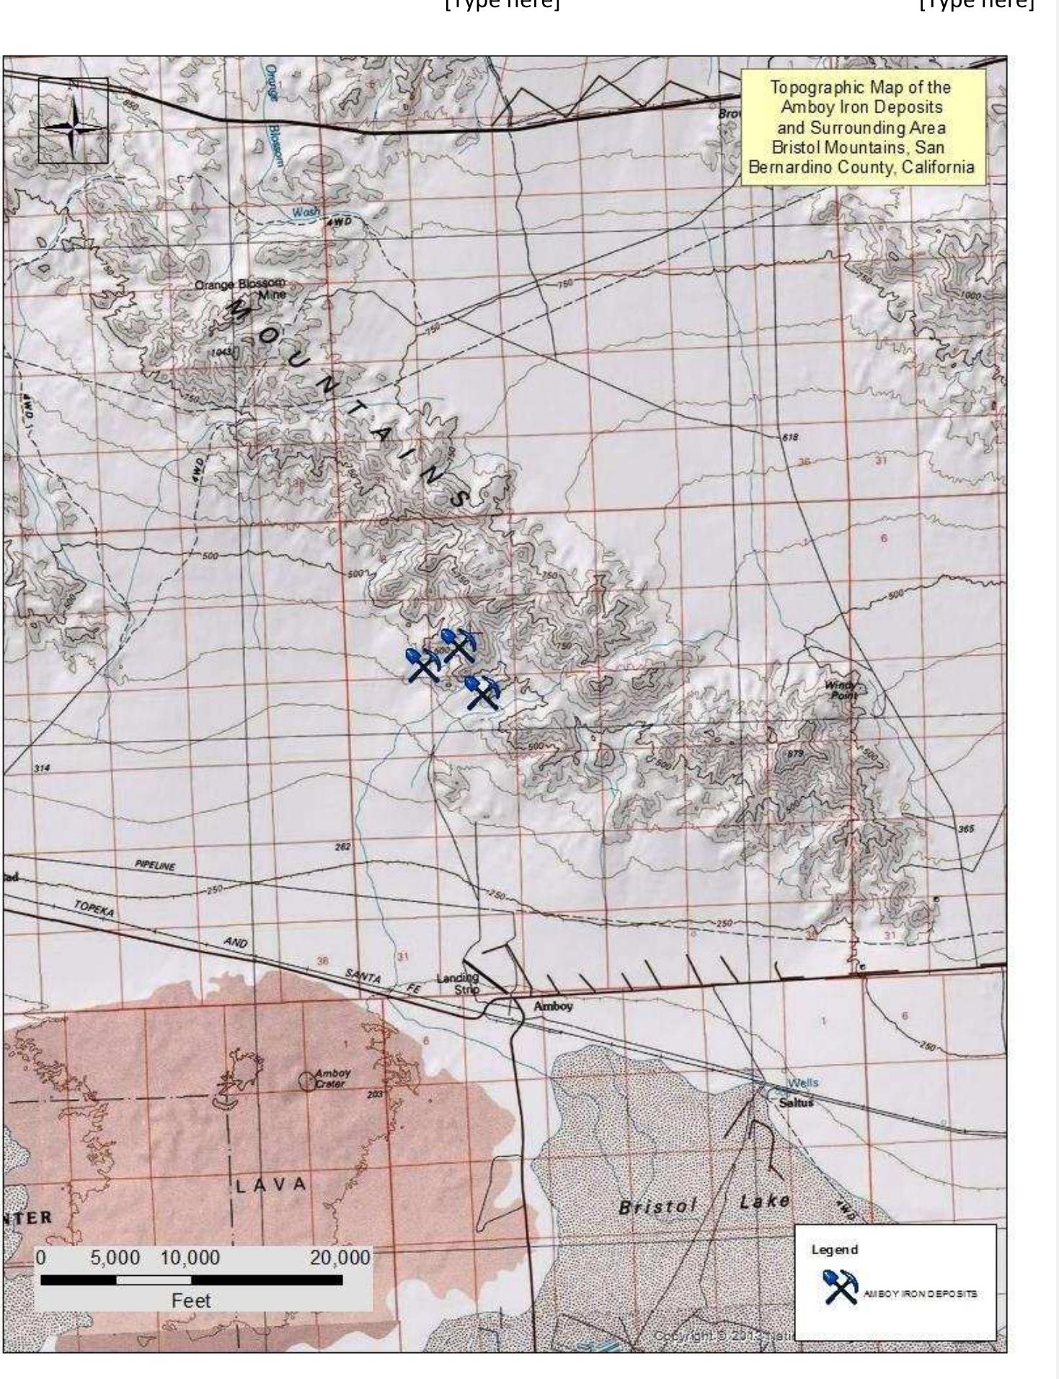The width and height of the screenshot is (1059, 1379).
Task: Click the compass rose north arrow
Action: point(73,120)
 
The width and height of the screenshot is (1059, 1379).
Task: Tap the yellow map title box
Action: point(862,128)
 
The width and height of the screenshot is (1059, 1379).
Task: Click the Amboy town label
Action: point(553,1005)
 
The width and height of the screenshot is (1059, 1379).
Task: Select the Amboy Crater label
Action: point(332,1078)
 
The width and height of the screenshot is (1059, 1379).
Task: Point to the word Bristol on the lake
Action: point(657,1206)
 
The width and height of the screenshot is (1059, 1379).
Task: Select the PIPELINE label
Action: point(155,865)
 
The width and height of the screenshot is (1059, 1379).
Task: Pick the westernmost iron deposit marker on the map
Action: point(423,664)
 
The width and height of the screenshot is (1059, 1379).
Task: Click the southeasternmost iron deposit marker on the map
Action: point(482,692)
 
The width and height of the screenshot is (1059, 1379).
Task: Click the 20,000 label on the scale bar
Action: point(340,1259)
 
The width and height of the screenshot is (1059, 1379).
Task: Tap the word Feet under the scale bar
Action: point(191,1301)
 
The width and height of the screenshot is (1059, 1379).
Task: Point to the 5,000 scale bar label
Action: point(115,1259)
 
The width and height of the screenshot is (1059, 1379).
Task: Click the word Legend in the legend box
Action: point(835,1249)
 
